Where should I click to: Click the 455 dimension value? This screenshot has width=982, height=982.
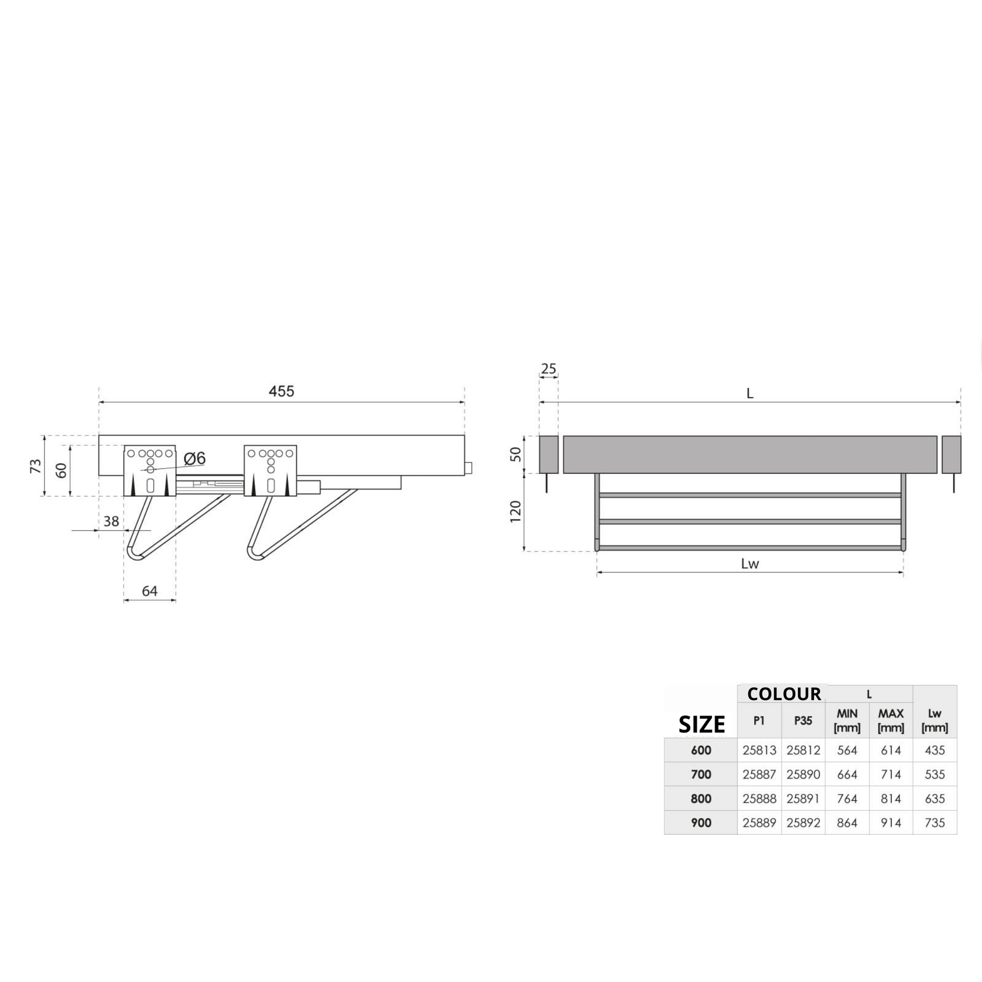(281, 391)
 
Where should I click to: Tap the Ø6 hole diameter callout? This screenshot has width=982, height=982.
(194, 459)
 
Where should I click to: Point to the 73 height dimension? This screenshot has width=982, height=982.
(36, 466)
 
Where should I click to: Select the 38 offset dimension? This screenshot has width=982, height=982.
(112, 521)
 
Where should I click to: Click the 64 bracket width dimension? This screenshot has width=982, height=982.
(149, 590)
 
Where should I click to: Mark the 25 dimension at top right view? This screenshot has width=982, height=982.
(549, 368)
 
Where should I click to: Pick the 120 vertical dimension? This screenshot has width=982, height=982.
(515, 511)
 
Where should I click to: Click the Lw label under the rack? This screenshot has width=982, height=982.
(750, 564)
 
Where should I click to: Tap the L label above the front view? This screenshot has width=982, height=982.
(750, 394)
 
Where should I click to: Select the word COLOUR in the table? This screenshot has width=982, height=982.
(784, 694)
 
